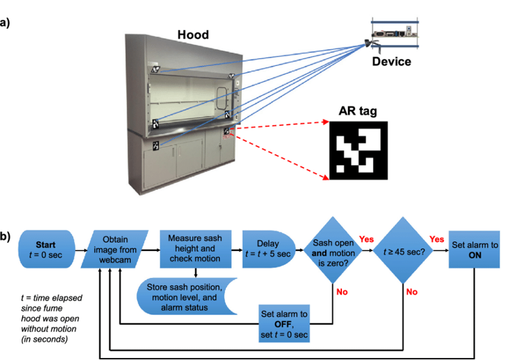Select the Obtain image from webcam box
pos(119,248)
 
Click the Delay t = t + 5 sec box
pos(268,248)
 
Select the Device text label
pos(392,62)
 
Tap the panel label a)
pos(8,24)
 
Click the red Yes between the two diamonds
pos(366,239)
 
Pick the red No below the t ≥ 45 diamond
pos(412,292)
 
